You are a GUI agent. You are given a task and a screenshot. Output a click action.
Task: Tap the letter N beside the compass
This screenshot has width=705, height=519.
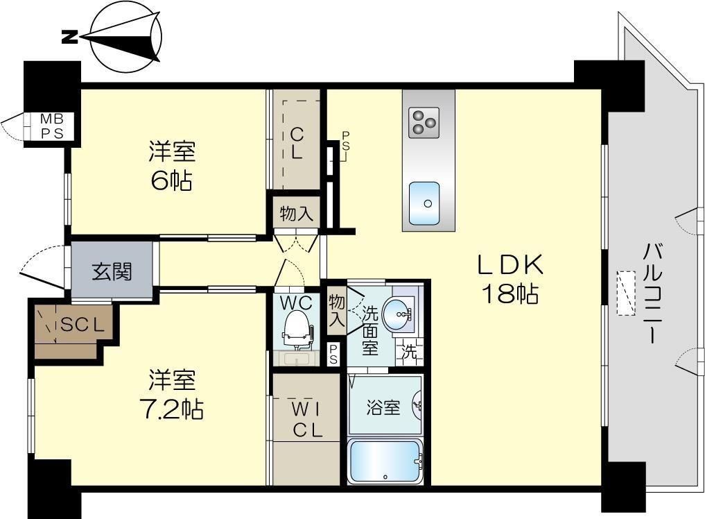tap(69, 37)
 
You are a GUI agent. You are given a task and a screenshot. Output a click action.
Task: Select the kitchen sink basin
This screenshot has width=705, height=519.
tap(424, 203)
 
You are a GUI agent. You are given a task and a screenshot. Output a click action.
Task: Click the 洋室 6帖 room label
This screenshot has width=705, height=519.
tap(171, 166)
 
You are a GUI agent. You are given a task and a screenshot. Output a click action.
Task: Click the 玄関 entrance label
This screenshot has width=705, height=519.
tap(112, 271)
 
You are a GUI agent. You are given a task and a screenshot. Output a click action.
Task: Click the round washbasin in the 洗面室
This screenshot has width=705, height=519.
tap(401, 316)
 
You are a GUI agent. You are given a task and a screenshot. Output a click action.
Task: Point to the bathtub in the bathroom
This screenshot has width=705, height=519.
tap(385, 461)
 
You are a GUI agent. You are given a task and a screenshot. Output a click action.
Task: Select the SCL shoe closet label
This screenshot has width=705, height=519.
tap(82, 324)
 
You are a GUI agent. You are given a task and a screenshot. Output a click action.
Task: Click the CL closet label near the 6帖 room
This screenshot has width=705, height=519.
tap(296, 143)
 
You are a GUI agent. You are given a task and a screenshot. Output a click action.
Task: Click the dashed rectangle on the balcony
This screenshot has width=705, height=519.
tap(627, 293)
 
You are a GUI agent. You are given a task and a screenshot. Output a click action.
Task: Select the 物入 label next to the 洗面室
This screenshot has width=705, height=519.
tap(337, 311)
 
